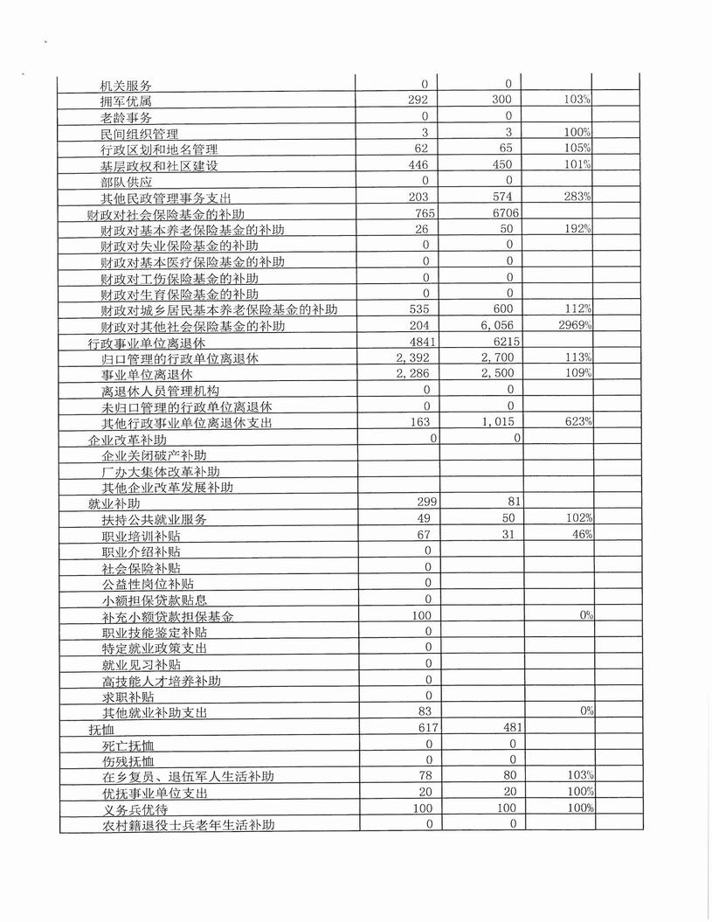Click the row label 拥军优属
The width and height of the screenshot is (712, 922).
point(127,101)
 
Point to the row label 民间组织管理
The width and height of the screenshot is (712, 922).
point(140,134)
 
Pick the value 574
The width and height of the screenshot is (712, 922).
point(501,198)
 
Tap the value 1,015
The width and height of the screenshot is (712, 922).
point(499,422)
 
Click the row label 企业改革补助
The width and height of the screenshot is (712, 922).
point(128,440)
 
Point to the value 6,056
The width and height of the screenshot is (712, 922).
point(499,325)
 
